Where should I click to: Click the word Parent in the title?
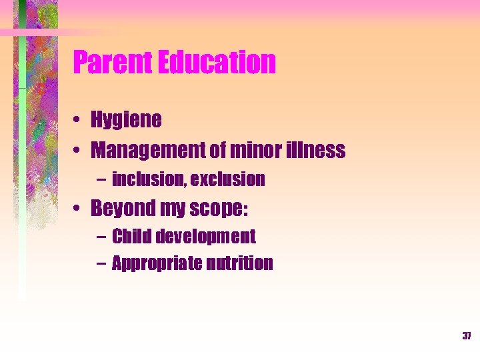(x=113, y=63)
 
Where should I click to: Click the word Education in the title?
(x=217, y=63)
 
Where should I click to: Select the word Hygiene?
(x=126, y=121)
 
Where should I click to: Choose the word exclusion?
(x=228, y=179)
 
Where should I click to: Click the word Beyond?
(x=121, y=209)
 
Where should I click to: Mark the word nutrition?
(x=240, y=264)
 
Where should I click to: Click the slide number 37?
(x=467, y=336)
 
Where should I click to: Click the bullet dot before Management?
(x=78, y=151)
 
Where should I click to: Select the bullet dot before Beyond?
(x=78, y=209)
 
